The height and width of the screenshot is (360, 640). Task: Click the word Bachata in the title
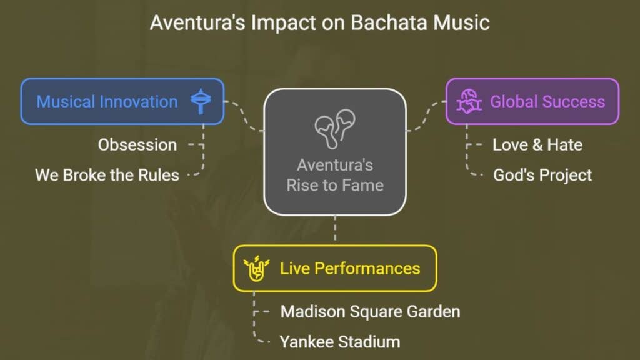point(389,22)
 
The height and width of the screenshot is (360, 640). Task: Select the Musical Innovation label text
point(107,102)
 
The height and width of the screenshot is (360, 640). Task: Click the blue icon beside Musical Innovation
point(201,101)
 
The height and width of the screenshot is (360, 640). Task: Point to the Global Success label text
point(547,102)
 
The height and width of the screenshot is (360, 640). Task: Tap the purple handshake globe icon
point(469,101)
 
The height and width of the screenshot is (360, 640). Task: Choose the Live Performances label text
point(350,269)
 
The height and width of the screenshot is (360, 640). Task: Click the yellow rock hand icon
point(256,268)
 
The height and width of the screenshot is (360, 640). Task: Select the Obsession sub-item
point(137,145)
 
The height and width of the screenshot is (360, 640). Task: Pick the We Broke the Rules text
point(107,175)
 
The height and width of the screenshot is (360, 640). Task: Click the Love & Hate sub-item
point(537,145)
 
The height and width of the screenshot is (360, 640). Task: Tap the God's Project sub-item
point(542,175)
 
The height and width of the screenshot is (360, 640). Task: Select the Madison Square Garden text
point(370,311)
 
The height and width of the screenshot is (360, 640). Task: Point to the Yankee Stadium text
point(340,342)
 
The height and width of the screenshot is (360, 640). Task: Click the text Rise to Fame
point(335,185)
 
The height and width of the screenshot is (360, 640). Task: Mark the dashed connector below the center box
point(335,229)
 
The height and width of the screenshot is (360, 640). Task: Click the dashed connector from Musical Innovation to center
point(244,116)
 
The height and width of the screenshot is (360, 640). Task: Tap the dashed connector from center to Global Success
point(426,116)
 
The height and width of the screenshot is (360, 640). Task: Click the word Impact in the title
point(284,23)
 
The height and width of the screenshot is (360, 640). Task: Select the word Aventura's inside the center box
point(335,165)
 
